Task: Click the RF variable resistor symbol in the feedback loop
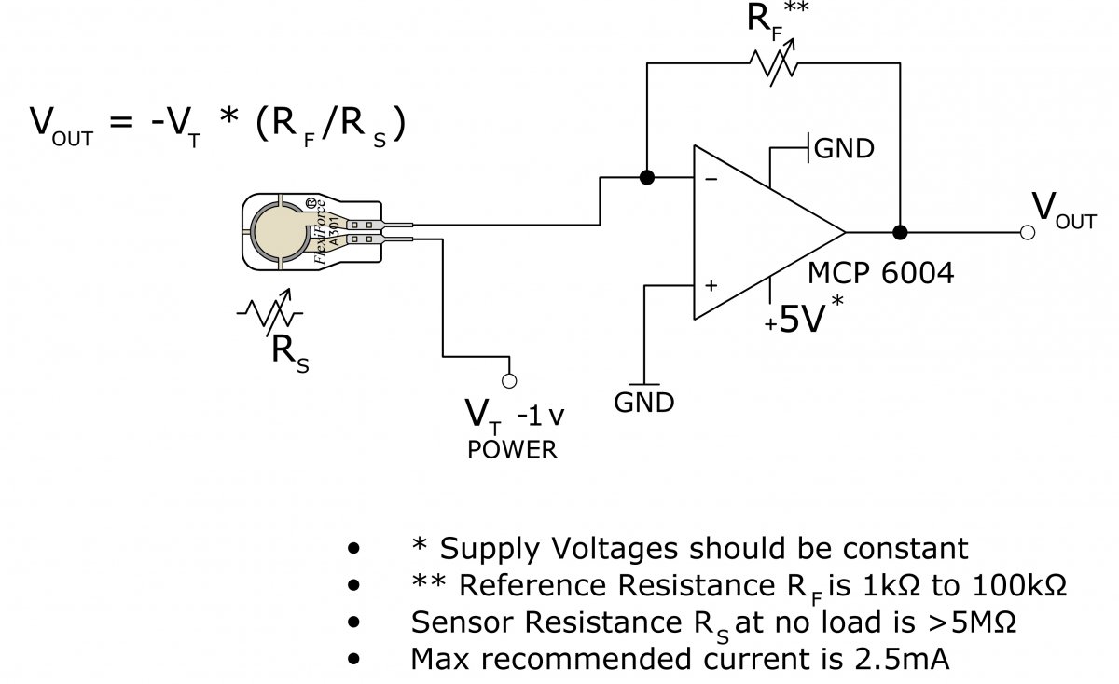pos(773,63)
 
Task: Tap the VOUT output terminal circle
pos(1027,232)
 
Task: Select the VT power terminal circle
pos(509,380)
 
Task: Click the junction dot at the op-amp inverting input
pos(646,177)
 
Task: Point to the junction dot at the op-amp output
pos(901,232)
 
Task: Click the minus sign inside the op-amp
pos(711,181)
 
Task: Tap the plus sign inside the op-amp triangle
pos(711,286)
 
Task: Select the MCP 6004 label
pos(880,274)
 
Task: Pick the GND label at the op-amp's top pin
pos(845,149)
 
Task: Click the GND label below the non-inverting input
pos(643,403)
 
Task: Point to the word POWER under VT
pos(512,450)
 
